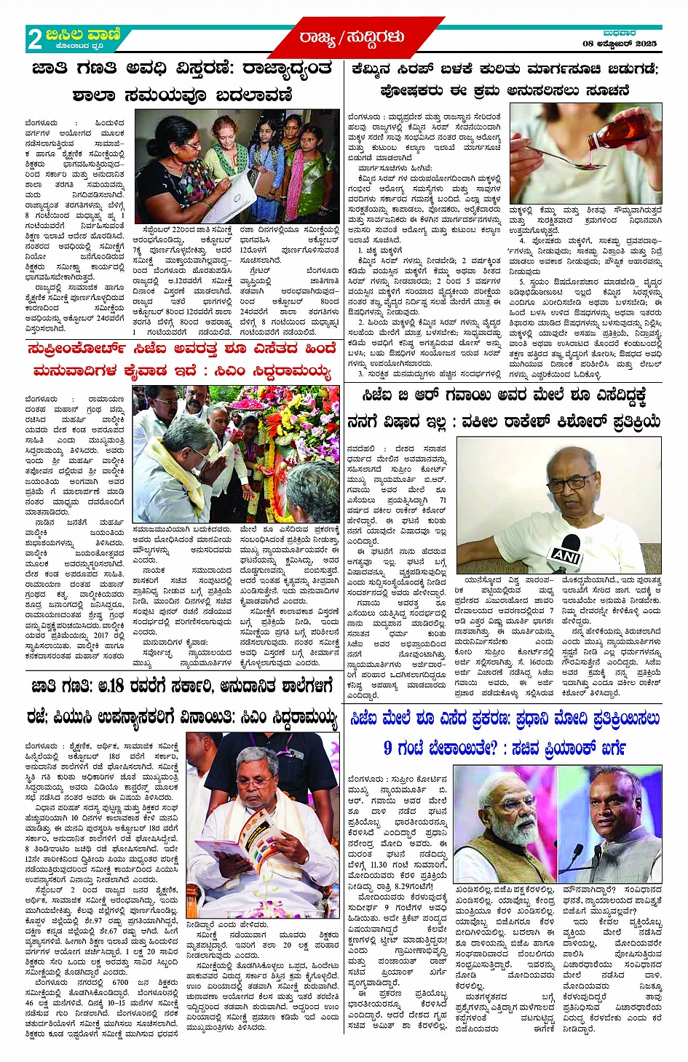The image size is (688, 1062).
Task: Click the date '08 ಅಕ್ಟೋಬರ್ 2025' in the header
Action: pyautogui.click(x=620, y=44)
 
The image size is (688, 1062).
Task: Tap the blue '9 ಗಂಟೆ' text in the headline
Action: pyautogui.click(x=411, y=748)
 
